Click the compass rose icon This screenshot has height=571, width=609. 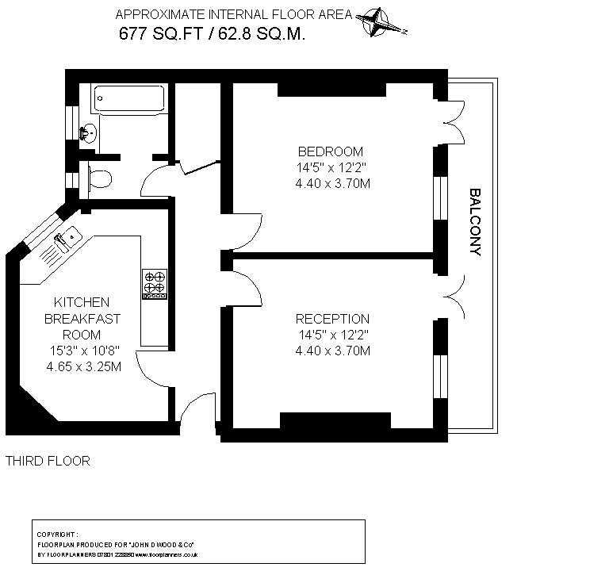click(381, 22)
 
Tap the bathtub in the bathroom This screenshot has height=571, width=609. click(128, 100)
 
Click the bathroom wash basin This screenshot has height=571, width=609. click(90, 133)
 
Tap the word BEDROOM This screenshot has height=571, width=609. click(331, 151)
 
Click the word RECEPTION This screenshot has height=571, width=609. click(332, 319)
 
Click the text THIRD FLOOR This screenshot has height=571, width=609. click(48, 461)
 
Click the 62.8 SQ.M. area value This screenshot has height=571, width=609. click(261, 33)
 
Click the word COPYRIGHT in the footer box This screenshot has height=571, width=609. click(57, 535)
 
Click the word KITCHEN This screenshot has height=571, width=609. click(81, 303)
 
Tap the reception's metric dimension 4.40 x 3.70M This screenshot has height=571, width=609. click(332, 351)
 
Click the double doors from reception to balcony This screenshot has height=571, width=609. click(454, 294)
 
